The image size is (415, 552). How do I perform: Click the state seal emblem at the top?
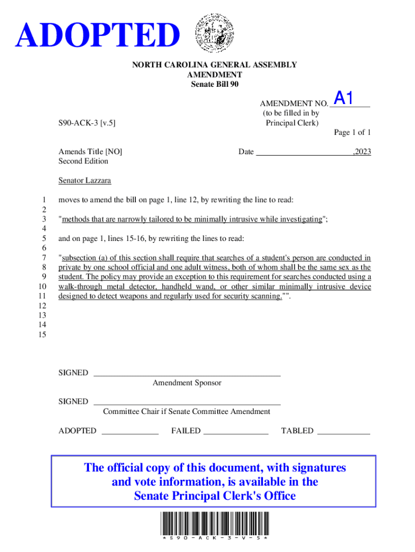[215, 33]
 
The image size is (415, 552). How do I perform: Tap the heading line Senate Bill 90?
[215, 85]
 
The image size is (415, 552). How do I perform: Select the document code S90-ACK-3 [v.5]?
[87, 123]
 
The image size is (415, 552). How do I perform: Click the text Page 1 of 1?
[352, 133]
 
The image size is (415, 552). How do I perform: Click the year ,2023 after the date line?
[361, 152]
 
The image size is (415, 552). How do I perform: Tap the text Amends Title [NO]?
[90, 152]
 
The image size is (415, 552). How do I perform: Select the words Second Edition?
[83, 161]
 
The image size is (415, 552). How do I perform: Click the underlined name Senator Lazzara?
[85, 181]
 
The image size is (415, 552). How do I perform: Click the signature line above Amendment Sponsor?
[186, 374]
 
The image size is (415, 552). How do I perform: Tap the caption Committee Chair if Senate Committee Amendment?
[186, 412]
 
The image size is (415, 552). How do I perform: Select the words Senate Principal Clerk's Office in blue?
[215, 496]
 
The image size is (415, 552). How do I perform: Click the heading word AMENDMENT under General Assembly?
[215, 75]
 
